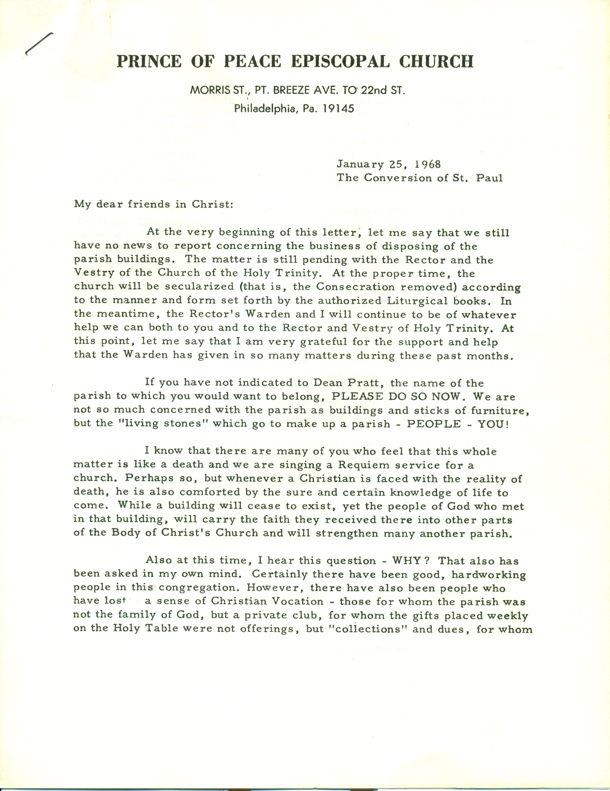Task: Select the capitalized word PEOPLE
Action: tap(434, 424)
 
